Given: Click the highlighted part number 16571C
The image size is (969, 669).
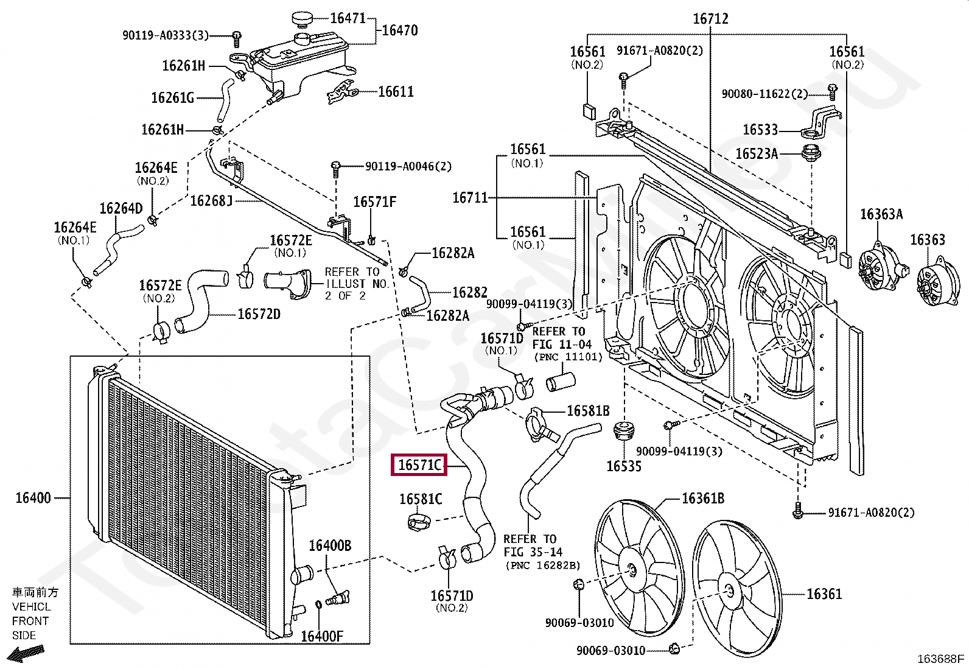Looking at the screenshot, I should (x=419, y=465).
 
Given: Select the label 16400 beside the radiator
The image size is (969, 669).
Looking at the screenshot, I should (x=33, y=498).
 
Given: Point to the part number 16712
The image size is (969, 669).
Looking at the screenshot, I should (x=710, y=19).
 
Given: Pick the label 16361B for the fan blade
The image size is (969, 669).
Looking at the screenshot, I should (x=702, y=499).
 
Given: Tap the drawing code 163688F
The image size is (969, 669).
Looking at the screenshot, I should (x=941, y=659).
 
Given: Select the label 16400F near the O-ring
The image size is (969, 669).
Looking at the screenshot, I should (x=322, y=636).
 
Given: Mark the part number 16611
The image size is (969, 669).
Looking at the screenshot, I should (x=396, y=92).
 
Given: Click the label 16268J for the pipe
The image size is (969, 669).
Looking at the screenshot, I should (x=212, y=200).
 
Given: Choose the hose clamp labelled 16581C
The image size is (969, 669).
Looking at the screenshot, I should (x=418, y=522).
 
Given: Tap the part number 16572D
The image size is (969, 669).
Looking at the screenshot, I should (x=259, y=314).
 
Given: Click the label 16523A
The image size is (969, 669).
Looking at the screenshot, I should (x=757, y=153).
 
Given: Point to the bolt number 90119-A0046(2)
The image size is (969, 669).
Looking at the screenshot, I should (x=408, y=166).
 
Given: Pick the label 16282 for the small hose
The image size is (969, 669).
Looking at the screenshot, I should (x=469, y=293).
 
